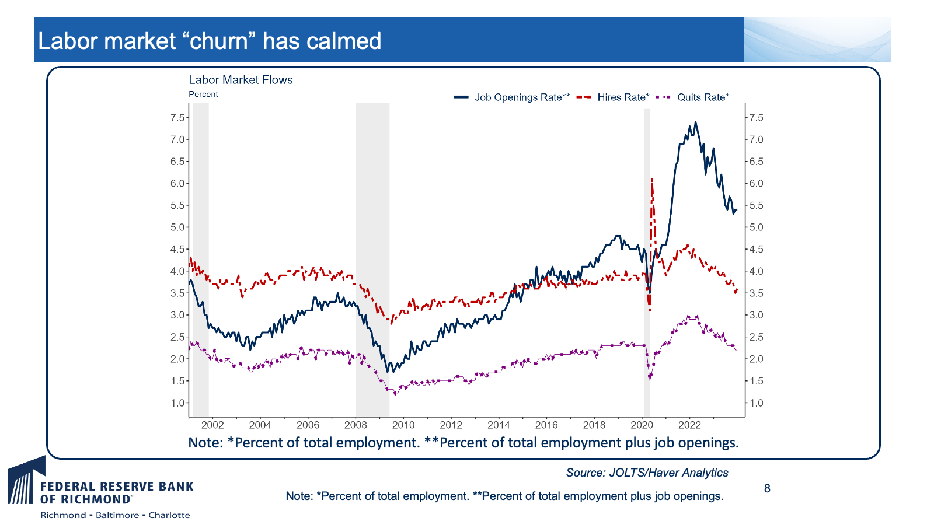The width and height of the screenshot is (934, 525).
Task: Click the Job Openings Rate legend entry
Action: point(511,97)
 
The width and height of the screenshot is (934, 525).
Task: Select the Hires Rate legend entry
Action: point(613,97)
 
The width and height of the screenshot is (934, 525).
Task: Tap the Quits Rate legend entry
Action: point(692,97)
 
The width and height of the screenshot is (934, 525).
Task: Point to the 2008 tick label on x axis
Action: point(356,425)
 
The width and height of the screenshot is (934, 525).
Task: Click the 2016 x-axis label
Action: point(546,425)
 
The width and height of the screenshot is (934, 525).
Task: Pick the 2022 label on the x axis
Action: point(689,425)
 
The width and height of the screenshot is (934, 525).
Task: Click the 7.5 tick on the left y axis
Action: point(177,117)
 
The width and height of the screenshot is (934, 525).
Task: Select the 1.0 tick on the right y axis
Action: point(757,403)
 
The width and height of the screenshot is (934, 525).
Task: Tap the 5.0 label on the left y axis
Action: point(177,228)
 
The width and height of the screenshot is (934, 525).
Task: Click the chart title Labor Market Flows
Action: point(241,79)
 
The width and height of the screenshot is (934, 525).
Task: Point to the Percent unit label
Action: point(203,94)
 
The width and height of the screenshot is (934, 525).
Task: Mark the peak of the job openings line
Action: point(695,122)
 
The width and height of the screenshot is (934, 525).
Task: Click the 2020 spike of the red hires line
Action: point(651,180)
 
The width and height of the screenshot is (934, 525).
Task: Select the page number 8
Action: point(767,488)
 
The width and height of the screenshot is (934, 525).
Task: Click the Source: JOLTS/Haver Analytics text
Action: point(647,473)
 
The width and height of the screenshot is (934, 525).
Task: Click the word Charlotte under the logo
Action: point(169,515)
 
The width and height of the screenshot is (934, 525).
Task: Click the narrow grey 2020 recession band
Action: point(647,262)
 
